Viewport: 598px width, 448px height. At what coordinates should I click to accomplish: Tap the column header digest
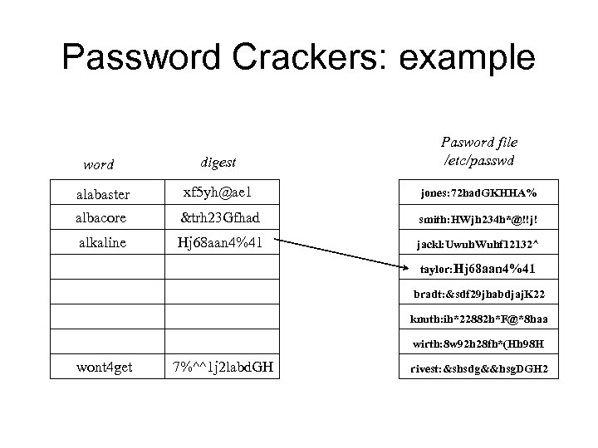219,163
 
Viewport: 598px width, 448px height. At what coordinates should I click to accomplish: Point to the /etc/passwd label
479,158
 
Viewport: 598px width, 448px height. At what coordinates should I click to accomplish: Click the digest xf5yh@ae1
218,193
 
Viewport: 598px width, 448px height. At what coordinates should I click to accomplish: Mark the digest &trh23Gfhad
219,217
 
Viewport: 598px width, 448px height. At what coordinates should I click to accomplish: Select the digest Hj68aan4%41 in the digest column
219,242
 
